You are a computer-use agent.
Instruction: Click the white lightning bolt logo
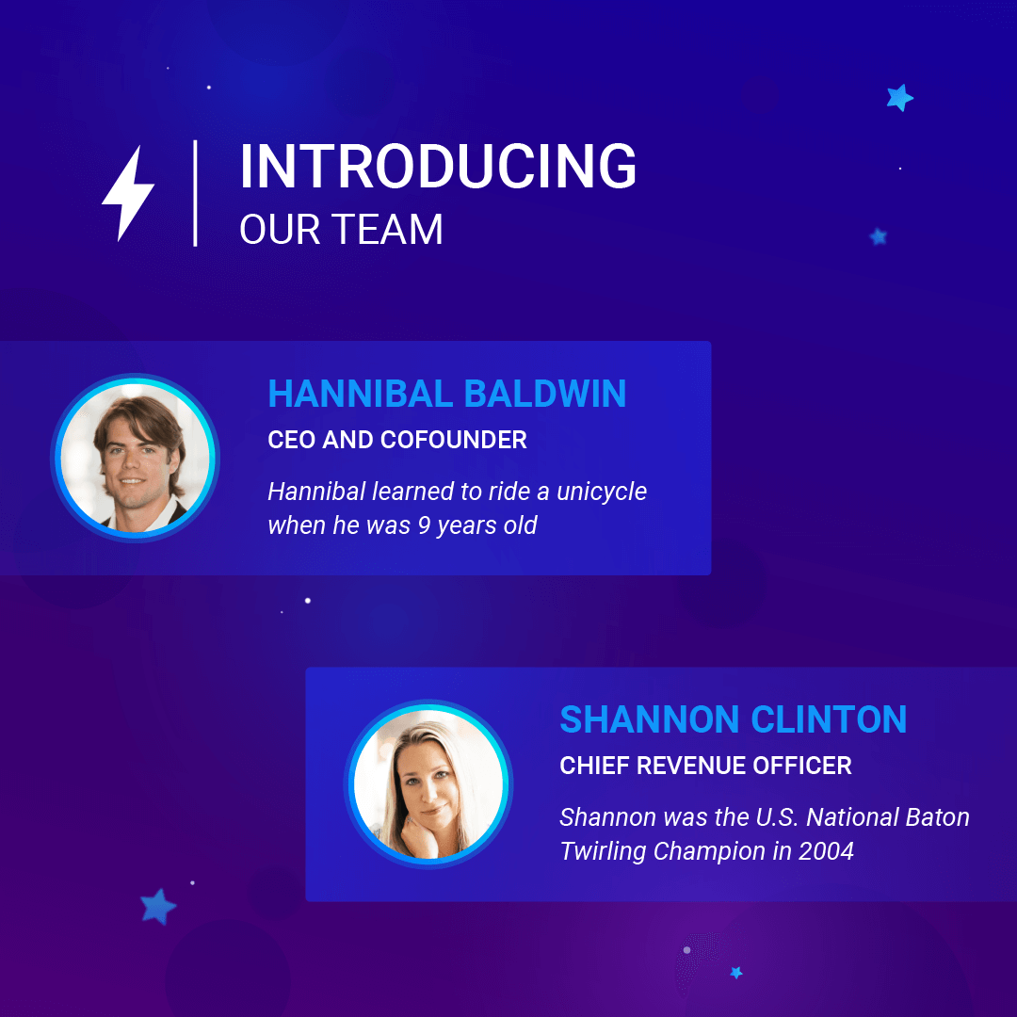[128, 193]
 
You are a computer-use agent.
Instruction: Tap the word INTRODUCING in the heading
[439, 167]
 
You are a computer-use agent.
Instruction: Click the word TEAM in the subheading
[387, 230]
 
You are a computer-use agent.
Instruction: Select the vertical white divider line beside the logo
[195, 193]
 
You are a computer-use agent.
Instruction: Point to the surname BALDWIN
[545, 394]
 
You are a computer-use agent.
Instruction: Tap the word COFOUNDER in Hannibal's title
[453, 440]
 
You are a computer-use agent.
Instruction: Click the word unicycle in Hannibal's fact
[602, 492]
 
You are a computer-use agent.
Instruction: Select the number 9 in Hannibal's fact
[424, 525]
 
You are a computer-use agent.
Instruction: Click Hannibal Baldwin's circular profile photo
[135, 459]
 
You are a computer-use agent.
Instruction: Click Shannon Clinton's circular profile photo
[428, 784]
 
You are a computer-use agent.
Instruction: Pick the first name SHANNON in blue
[649, 719]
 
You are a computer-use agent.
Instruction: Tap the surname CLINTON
[829, 719]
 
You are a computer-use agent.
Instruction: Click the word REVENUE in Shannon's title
[691, 766]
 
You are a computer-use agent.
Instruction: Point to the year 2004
[826, 851]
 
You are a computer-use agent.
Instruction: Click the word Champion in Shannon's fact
[709, 851]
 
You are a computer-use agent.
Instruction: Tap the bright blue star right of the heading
[899, 98]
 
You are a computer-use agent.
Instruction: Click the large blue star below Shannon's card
[157, 906]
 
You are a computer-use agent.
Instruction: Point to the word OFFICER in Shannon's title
[803, 766]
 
